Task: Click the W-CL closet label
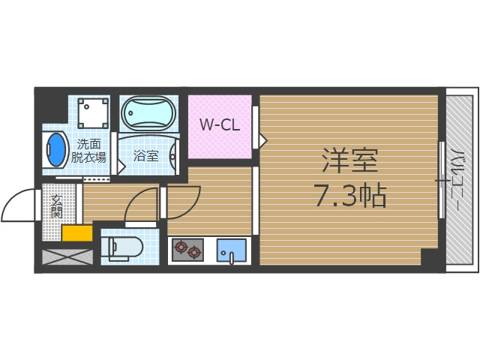219,125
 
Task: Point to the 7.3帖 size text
349,196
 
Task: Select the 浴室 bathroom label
145,156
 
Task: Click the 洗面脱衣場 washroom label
88,150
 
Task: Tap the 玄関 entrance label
57,205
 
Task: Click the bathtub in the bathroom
148,114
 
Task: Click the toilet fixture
124,247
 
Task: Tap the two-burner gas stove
187,249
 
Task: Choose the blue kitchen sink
232,250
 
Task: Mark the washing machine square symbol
93,113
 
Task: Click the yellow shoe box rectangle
77,233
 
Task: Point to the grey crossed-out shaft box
67,256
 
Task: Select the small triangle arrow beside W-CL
262,138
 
